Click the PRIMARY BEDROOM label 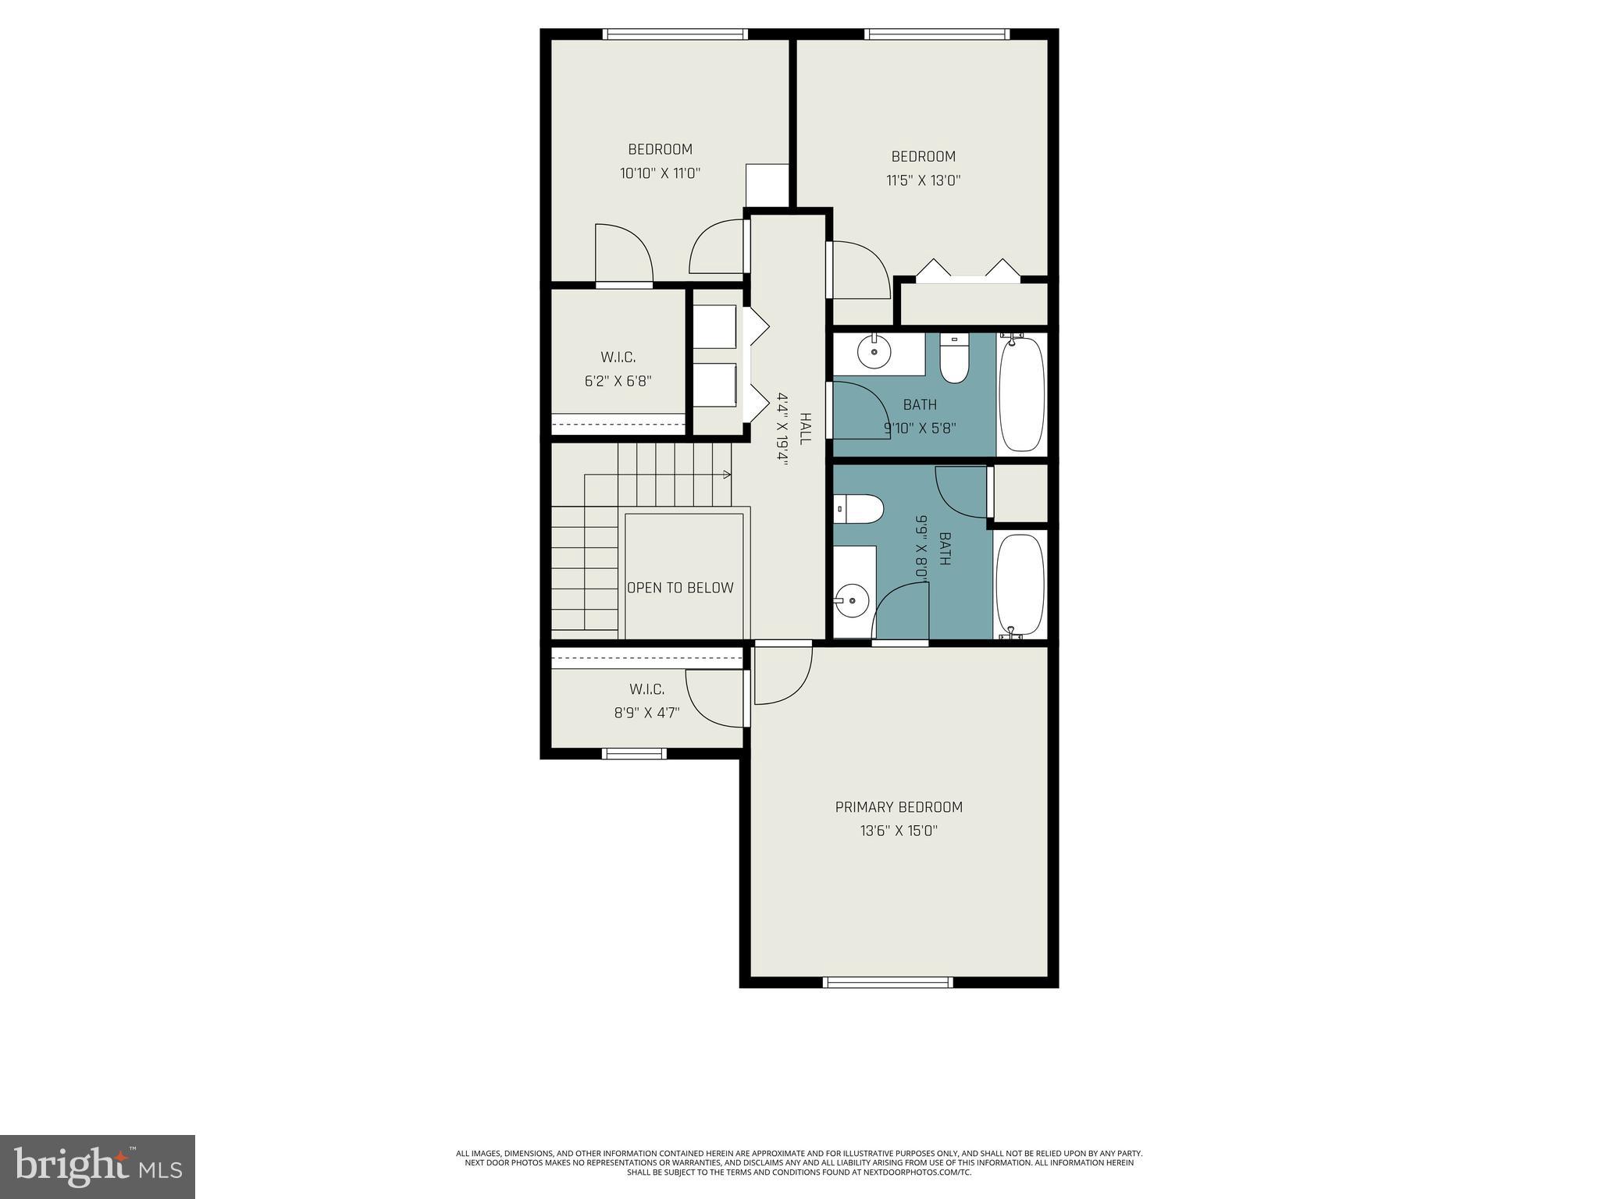[x=899, y=807]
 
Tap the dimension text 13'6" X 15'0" [x=899, y=831]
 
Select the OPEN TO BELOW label [x=680, y=588]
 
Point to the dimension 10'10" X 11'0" [x=660, y=173]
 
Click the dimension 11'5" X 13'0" [x=923, y=180]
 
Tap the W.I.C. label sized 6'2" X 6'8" [x=618, y=358]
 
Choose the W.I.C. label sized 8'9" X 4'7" [x=646, y=689]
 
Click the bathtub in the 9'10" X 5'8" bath [x=1021, y=394]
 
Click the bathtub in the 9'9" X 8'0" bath [x=1020, y=585]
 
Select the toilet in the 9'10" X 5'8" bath [x=953, y=359]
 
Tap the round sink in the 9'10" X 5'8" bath [x=874, y=353]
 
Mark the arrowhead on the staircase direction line [x=727, y=474]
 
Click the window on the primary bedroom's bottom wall [x=889, y=982]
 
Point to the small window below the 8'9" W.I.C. [x=634, y=753]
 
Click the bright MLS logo [x=97, y=1166]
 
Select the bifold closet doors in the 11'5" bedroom [x=968, y=269]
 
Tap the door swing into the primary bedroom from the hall [x=781, y=673]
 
